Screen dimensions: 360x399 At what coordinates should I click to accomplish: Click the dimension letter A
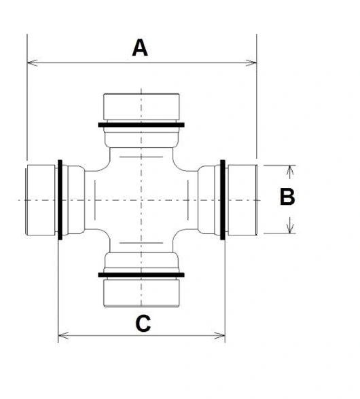pos(140,47)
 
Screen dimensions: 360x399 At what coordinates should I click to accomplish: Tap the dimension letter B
pos(287,197)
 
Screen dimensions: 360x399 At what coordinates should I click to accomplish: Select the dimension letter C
pos(143,324)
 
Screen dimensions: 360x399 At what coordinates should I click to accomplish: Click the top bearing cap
pos(141,107)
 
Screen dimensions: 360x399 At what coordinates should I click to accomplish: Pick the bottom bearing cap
pos(141,293)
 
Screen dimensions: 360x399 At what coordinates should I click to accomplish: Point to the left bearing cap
pos(40,200)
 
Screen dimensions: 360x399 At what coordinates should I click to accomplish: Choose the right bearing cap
pos(242,200)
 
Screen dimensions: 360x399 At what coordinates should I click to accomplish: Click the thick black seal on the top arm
pos(141,125)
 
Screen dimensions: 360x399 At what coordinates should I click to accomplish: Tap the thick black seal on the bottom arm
pos(141,275)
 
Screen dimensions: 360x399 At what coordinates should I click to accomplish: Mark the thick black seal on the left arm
pos(60,199)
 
